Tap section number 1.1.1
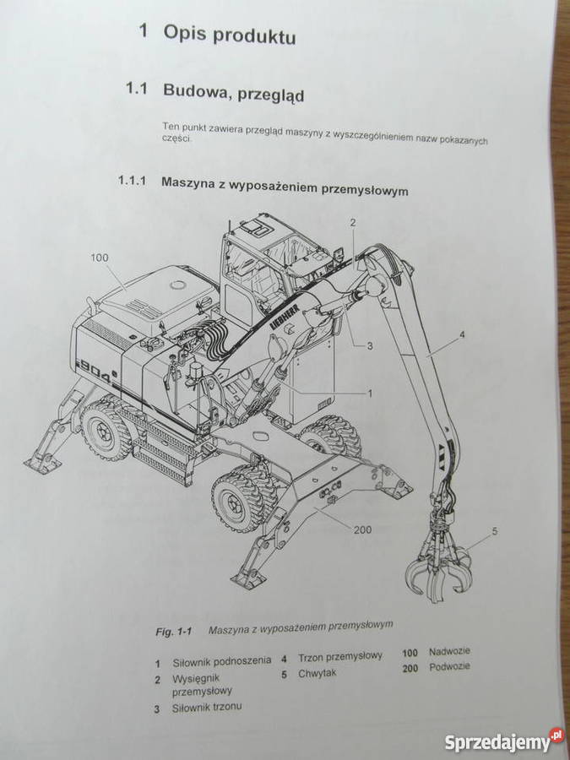click(x=132, y=181)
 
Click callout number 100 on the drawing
click(x=99, y=257)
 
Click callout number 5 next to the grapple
click(x=495, y=531)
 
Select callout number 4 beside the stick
click(x=461, y=336)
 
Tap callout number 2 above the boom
click(x=353, y=222)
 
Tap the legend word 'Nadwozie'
click(x=450, y=651)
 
